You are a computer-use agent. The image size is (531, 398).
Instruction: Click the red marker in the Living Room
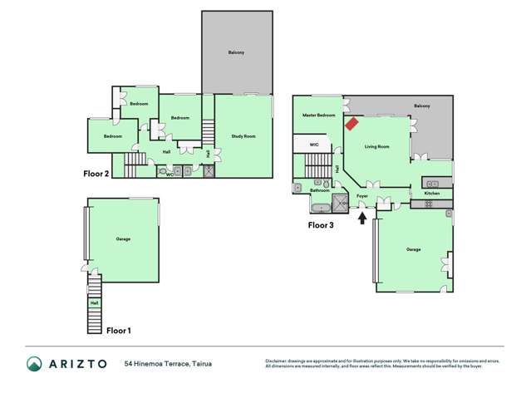click(352, 124)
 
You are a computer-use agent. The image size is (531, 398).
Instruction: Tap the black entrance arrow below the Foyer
click(362, 218)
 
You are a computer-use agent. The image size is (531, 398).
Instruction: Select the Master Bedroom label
click(318, 115)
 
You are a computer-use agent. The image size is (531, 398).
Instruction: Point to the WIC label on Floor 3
click(314, 145)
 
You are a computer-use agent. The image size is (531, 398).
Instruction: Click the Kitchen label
click(432, 193)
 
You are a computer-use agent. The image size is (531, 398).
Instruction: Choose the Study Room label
click(243, 136)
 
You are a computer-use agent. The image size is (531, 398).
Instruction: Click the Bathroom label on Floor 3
click(320, 190)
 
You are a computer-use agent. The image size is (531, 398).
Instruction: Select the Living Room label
click(377, 147)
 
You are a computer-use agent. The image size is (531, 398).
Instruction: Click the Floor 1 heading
click(119, 330)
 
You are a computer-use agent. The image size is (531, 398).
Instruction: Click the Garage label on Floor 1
click(123, 239)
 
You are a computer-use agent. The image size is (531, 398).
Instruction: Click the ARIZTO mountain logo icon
click(34, 364)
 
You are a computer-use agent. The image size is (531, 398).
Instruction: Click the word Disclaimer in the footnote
click(277, 361)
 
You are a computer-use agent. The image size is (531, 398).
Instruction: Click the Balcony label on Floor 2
click(236, 52)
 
